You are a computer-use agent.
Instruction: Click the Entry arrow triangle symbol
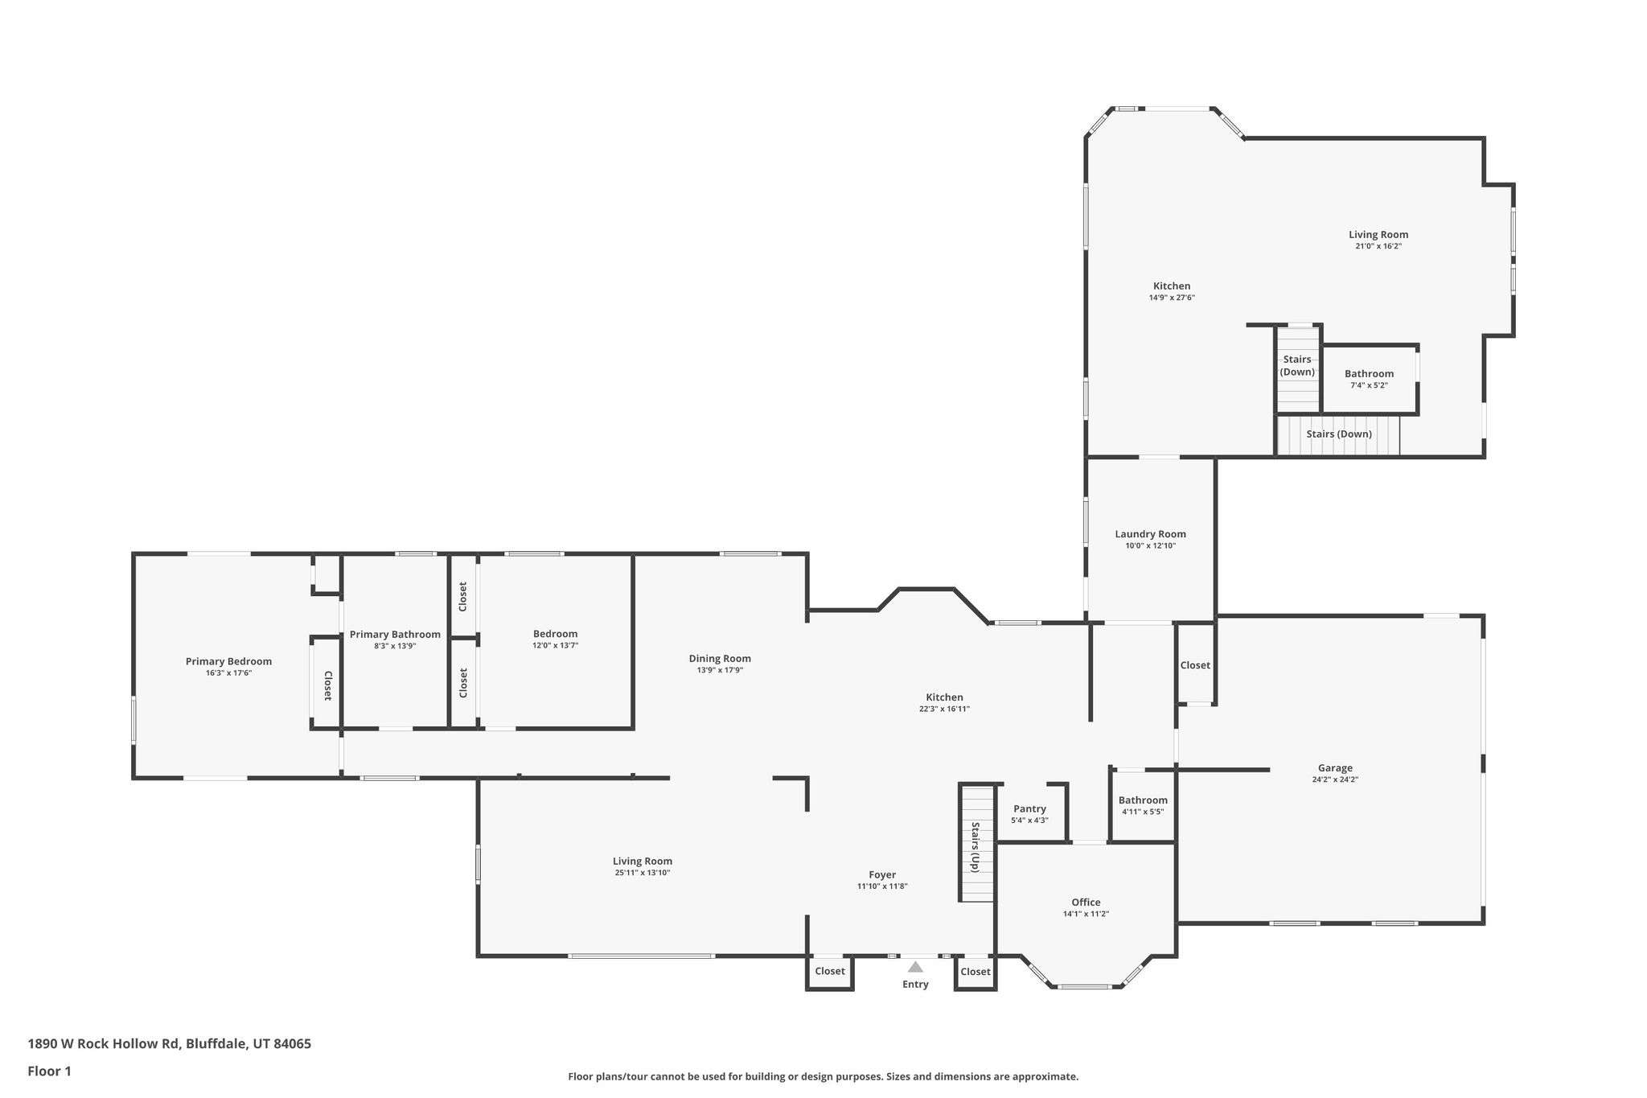tap(915, 967)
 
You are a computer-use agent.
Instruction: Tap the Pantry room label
tap(1029, 808)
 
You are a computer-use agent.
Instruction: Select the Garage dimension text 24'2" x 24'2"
tap(1335, 779)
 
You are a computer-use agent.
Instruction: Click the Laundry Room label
tap(1150, 534)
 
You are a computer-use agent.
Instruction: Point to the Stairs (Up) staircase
tap(976, 842)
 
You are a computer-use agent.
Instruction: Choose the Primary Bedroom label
tap(228, 661)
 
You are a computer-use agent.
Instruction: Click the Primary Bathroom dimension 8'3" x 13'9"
tap(395, 646)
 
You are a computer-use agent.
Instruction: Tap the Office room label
tap(1086, 902)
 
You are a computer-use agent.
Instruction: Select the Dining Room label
tap(720, 658)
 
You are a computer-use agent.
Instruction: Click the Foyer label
tap(882, 874)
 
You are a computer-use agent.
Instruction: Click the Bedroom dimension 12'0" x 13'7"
tap(555, 645)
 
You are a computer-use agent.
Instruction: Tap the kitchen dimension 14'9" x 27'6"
tap(1172, 298)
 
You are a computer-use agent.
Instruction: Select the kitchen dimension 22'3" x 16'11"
tap(944, 709)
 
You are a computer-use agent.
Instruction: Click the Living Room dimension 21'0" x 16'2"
tap(1378, 246)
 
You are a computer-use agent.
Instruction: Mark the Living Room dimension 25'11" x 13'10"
tap(642, 873)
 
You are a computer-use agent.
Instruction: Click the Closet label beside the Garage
tap(1195, 665)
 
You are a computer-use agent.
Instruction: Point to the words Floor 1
tap(50, 1071)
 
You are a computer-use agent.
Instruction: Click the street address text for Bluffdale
tap(169, 1044)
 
